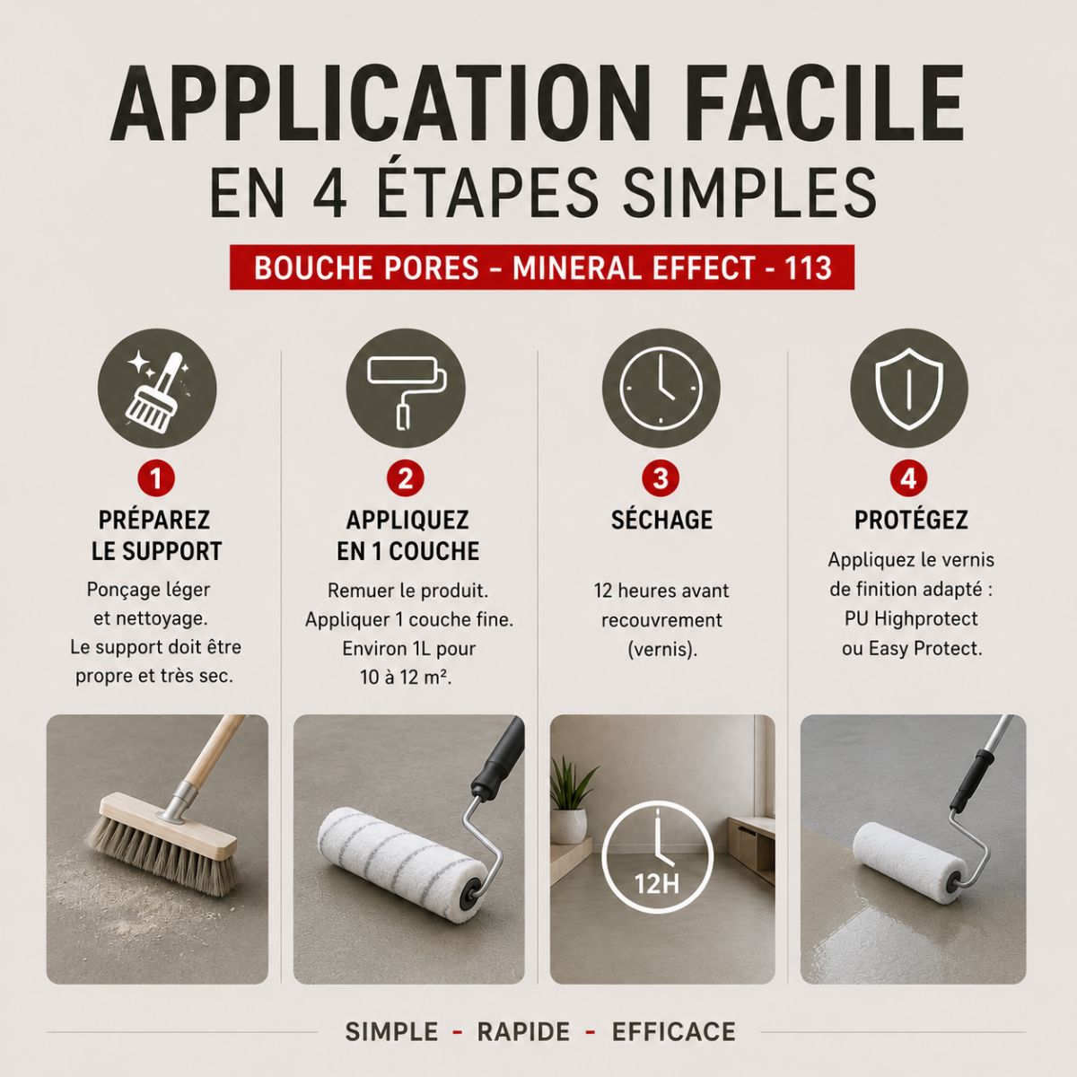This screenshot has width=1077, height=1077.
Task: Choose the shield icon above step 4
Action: click(909, 388)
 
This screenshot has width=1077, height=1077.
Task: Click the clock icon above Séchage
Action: click(661, 388)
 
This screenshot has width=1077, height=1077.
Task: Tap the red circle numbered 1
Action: click(156, 478)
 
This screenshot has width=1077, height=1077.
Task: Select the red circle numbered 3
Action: click(661, 478)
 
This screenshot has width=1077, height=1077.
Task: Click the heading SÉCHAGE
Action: click(661, 521)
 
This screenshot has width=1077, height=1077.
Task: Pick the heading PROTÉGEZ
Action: click(911, 521)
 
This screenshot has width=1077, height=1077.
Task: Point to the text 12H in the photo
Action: click(657, 884)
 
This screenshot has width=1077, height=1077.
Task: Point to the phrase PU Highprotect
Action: click(911, 618)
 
